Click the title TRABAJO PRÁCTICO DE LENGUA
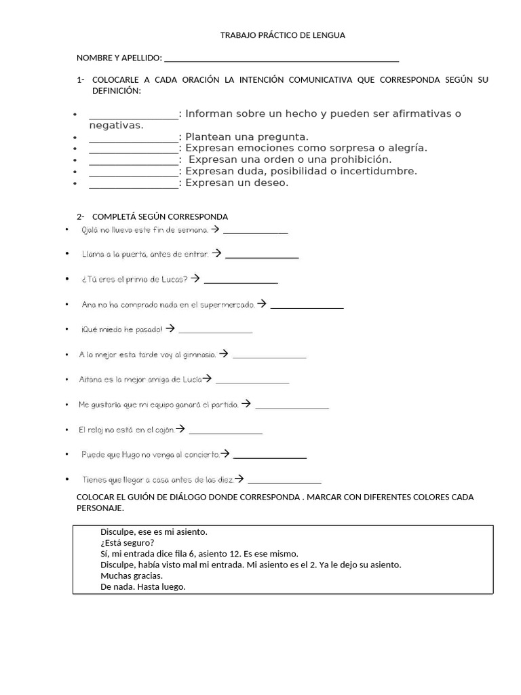tap(283, 35)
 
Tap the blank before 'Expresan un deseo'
tap(133, 184)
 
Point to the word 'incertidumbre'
tap(376, 171)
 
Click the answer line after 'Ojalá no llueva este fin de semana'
tap(256, 232)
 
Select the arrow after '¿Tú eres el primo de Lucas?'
tap(195, 278)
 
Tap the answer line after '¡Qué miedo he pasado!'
tap(215, 332)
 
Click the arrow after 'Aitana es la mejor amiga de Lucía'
tap(208, 379)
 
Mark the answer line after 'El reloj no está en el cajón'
tap(225, 432)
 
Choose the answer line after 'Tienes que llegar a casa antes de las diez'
tap(284, 482)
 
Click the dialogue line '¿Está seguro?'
tap(127, 542)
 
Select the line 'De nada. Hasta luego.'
tap(142, 586)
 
